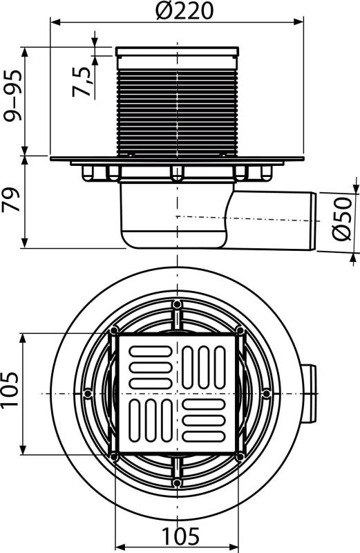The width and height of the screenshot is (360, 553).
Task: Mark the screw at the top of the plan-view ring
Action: [x=178, y=304]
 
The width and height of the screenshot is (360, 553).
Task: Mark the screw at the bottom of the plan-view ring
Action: [x=178, y=482]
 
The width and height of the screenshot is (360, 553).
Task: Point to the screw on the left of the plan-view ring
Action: [x=88, y=393]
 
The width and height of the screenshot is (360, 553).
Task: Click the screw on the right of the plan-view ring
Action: [x=267, y=393]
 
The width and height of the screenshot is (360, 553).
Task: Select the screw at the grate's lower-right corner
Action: [x=239, y=456]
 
